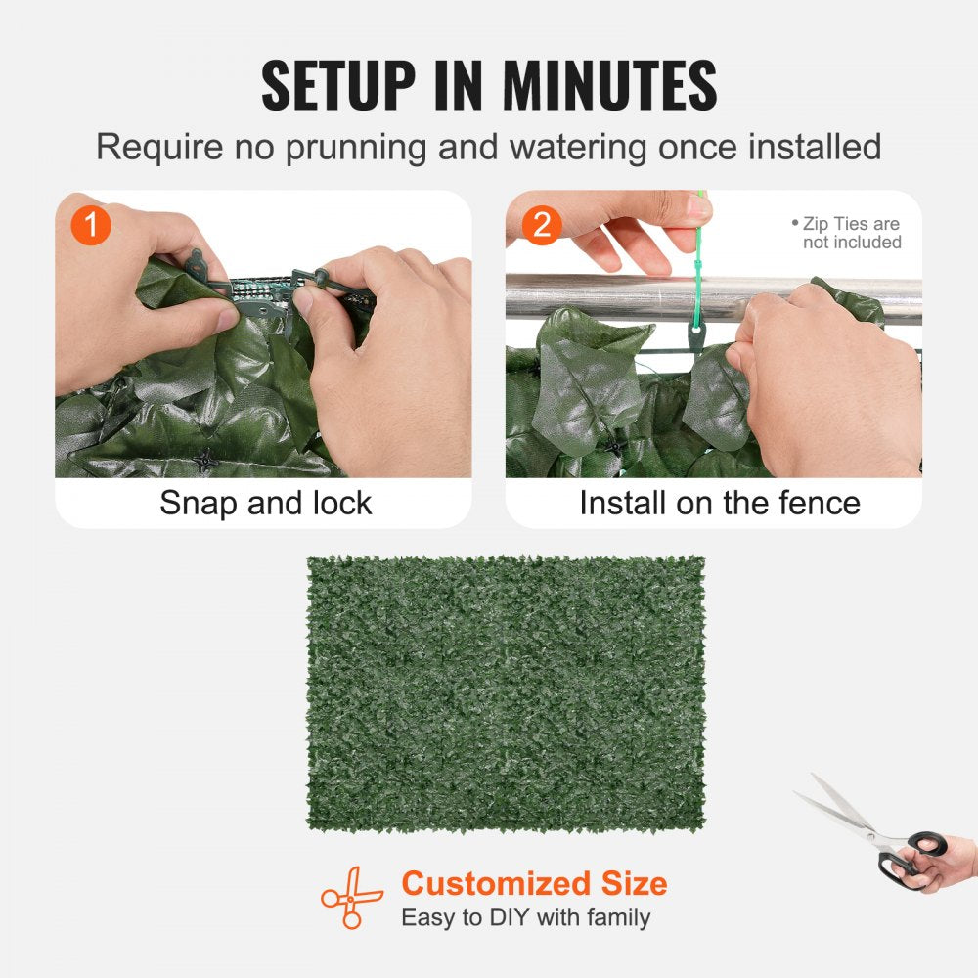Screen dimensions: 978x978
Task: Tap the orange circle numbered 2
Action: (x=541, y=226)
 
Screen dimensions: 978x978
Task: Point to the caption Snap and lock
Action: (x=265, y=503)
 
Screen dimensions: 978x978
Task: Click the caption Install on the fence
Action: (x=719, y=503)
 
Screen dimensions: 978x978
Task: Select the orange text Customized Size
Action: (x=534, y=883)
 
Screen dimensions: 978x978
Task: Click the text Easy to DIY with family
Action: (x=525, y=917)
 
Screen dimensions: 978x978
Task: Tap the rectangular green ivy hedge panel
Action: (x=506, y=692)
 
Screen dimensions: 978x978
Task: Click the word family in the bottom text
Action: (x=616, y=917)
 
